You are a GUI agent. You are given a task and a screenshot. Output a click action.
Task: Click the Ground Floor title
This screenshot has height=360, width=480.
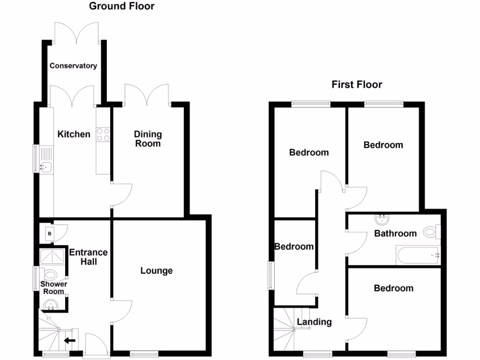[x=121, y=6]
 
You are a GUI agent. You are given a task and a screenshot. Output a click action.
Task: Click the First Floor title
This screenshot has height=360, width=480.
[x=357, y=84]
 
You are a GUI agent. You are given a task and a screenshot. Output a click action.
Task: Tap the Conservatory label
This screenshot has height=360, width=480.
[x=73, y=66]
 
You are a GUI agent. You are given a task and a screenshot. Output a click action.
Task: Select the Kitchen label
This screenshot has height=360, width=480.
[x=74, y=135]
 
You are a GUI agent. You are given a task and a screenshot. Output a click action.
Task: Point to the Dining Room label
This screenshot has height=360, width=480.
[x=148, y=139]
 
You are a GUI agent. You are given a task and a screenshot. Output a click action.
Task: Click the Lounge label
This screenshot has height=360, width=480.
[x=157, y=270]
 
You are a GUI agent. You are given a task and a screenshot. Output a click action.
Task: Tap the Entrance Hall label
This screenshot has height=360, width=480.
[x=88, y=257]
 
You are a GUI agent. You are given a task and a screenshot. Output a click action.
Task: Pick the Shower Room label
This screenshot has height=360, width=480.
[x=53, y=287]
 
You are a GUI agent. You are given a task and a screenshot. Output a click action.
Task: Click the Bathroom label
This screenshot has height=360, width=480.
[x=395, y=233]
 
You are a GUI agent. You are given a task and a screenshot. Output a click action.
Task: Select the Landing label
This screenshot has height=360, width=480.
[x=314, y=322]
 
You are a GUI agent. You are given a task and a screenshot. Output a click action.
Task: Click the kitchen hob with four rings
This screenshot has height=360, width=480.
[x=103, y=135]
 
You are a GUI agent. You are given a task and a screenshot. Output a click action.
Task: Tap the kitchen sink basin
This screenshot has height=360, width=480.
[x=46, y=166]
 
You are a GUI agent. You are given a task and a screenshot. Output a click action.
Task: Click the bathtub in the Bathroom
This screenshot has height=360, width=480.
[x=417, y=255]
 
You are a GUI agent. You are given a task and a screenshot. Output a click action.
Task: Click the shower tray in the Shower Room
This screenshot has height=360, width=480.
[x=52, y=257]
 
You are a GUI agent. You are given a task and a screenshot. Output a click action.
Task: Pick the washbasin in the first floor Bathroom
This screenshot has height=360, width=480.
[x=382, y=219]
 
